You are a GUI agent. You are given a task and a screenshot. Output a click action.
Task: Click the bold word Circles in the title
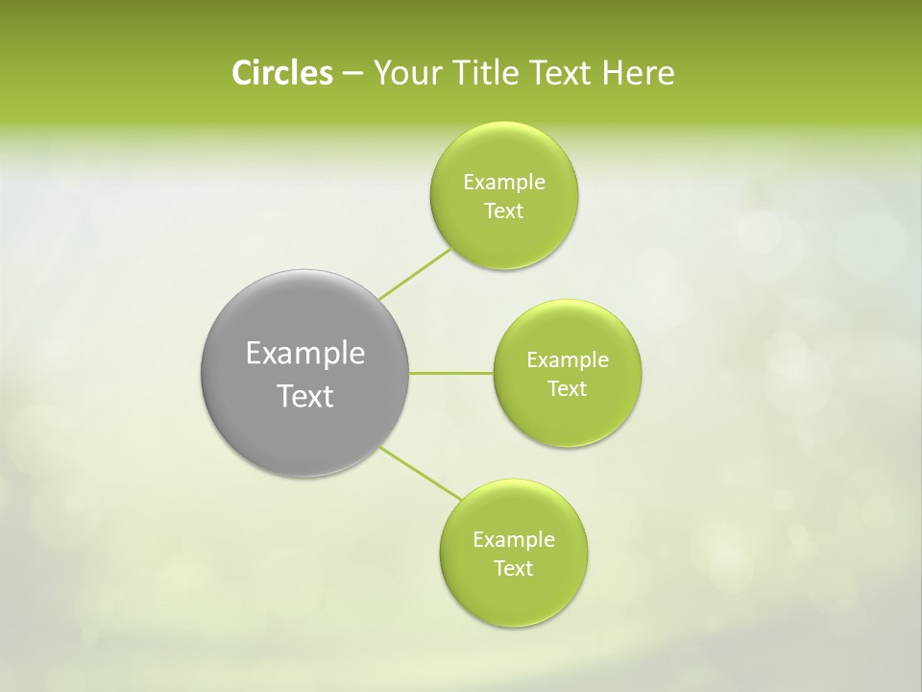click(282, 73)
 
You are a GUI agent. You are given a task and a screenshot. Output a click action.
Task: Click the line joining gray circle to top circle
click(416, 274)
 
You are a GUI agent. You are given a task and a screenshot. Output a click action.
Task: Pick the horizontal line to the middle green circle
click(451, 373)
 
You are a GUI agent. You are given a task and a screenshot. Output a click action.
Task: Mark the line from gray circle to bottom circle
click(421, 473)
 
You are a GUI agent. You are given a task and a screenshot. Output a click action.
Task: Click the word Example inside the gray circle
click(305, 354)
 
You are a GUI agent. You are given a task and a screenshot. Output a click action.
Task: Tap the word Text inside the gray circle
click(305, 396)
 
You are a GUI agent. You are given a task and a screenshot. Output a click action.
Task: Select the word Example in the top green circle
click(503, 183)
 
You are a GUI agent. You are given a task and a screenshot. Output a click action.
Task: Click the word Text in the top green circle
click(503, 211)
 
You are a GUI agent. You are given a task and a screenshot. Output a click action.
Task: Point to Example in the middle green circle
click(567, 360)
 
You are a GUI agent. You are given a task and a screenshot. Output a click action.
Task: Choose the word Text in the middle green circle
click(567, 389)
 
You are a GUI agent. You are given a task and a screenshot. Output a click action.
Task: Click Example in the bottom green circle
click(513, 540)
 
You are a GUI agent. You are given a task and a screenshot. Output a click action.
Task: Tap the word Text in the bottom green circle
click(513, 569)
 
